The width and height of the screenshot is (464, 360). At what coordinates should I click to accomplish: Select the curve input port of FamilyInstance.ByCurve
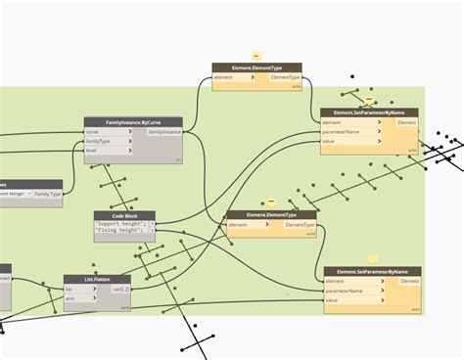[x=93, y=131]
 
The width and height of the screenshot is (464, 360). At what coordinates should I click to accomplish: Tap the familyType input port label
[x=98, y=141]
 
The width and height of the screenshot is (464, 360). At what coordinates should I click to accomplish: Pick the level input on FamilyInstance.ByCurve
[x=92, y=151]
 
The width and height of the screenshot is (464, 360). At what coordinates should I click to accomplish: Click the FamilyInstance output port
[x=164, y=131]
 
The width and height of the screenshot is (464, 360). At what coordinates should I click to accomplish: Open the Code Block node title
[x=124, y=215]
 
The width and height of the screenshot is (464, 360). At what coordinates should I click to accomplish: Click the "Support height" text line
[x=121, y=224]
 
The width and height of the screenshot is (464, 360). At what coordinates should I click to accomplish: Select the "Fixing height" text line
[x=121, y=232]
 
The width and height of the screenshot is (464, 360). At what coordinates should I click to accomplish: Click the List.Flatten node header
[x=97, y=279]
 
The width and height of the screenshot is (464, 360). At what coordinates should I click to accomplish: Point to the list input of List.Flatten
[x=70, y=289]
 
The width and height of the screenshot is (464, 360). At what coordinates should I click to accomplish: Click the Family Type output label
[x=48, y=194]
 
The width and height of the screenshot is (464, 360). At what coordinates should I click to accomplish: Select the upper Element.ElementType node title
[x=256, y=67]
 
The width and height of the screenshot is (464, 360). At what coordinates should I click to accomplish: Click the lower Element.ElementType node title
[x=271, y=215]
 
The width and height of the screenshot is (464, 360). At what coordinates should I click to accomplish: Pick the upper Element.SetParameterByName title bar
[x=369, y=112]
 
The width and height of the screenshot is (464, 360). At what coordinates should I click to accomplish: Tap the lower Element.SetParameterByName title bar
[x=372, y=271]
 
